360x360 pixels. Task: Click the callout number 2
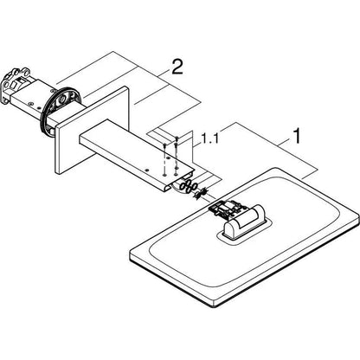177,67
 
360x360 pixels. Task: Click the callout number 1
297,136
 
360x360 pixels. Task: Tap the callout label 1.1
209,139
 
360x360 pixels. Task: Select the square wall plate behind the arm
92,130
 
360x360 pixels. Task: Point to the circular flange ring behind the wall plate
61,111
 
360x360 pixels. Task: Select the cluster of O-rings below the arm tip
189,187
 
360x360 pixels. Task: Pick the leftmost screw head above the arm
164,145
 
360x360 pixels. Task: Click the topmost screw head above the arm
177,138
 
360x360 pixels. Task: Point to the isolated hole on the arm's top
147,170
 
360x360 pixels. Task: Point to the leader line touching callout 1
285,142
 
